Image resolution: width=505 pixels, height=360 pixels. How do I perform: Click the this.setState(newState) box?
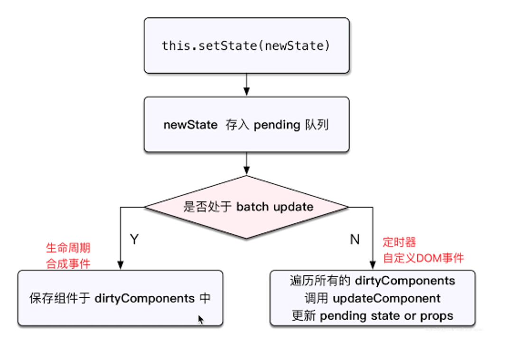(246, 46)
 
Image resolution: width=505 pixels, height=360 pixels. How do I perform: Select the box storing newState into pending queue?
(246, 125)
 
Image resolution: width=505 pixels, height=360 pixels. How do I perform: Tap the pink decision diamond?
(246, 207)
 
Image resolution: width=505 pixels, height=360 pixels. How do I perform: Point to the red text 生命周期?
(68, 248)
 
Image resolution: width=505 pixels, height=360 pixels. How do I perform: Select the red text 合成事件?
(68, 264)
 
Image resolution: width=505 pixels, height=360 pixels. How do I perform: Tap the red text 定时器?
(400, 242)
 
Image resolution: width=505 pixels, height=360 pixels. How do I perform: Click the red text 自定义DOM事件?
(423, 258)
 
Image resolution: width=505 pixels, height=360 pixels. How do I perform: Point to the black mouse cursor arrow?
(201, 319)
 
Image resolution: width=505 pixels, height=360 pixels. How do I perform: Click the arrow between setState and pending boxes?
(246, 85)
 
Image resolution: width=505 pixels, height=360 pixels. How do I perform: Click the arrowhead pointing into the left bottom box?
(121, 266)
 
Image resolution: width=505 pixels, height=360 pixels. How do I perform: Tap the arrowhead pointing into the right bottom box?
(372, 266)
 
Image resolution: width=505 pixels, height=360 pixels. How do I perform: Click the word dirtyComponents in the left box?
(145, 298)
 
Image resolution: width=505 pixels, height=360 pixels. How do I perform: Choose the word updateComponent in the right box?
(387, 298)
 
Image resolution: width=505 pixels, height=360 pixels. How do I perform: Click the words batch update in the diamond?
(275, 207)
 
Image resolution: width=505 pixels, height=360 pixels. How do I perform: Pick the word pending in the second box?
(277, 125)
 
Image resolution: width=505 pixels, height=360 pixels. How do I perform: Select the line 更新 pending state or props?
(372, 316)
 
